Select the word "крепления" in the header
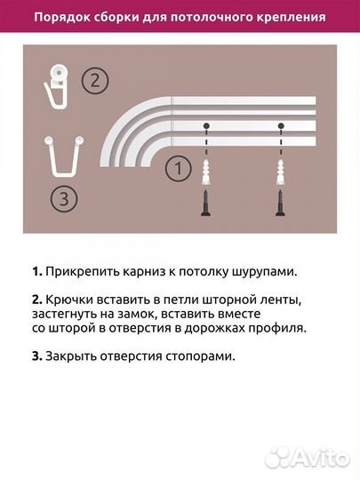289,17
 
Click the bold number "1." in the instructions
36,271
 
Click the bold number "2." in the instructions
36,296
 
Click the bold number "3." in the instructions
36,356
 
